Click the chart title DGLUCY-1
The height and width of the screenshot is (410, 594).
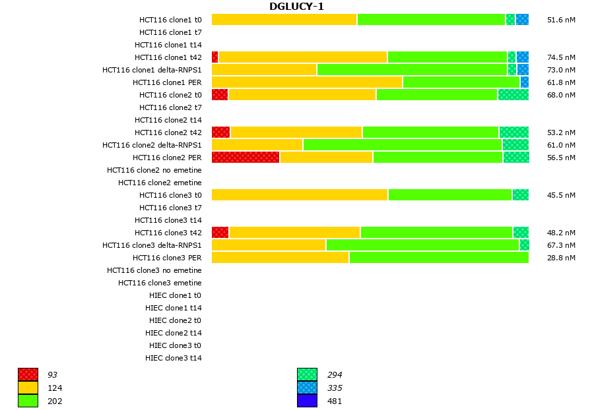[x=296, y=7]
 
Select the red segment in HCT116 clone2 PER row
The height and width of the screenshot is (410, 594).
[x=246, y=158]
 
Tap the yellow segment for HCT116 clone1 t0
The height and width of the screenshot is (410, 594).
[x=284, y=20]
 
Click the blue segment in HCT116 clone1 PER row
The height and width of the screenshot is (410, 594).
[x=525, y=82]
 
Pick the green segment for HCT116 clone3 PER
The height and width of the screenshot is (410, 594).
[x=439, y=258]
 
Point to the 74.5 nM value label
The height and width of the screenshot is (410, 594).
[x=561, y=57]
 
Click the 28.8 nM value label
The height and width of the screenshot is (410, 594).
[x=561, y=258]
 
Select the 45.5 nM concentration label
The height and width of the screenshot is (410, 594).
[x=561, y=195]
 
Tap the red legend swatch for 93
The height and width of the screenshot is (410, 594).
[x=28, y=375]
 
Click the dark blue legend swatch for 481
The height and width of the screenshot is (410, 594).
[x=307, y=401]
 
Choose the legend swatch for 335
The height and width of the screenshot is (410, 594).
[x=307, y=388]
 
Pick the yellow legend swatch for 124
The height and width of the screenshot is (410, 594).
[x=28, y=388]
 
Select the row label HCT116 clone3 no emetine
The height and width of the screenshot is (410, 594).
[x=154, y=270]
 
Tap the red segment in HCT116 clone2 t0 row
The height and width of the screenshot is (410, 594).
[x=220, y=95]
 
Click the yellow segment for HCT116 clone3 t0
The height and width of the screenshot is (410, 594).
[x=300, y=195]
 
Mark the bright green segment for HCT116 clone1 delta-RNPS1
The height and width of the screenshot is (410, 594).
[x=412, y=70]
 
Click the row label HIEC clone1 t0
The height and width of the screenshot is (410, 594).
[x=176, y=295]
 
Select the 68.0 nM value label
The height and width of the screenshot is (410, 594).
[x=561, y=95]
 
